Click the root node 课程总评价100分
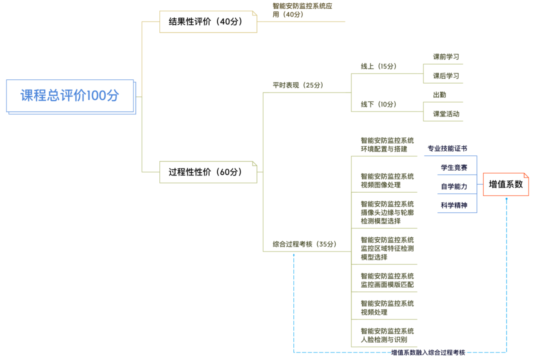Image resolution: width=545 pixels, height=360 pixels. [x=70, y=95]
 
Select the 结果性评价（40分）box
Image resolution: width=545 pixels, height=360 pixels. [x=208, y=22]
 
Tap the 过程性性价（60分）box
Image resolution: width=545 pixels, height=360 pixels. [x=208, y=172]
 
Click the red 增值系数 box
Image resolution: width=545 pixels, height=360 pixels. [x=505, y=184]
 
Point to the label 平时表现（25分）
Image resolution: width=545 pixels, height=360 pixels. [x=298, y=85]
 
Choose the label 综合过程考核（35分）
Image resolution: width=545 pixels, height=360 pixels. [x=304, y=244]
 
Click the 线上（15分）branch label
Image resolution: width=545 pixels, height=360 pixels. [x=378, y=66]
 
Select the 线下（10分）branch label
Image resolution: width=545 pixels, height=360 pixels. [x=378, y=104]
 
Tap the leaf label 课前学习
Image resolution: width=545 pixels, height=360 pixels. [x=446, y=57]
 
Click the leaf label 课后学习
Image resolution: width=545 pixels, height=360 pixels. [x=446, y=76]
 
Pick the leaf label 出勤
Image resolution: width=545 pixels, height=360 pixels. [x=439, y=94]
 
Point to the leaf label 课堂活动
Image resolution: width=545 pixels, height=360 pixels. [x=446, y=114]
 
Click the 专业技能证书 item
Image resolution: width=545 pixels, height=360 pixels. [x=447, y=148]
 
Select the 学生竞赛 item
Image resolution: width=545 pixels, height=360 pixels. [x=454, y=167]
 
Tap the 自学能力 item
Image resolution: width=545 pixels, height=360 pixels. [x=454, y=186]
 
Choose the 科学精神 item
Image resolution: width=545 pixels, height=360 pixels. [x=454, y=205]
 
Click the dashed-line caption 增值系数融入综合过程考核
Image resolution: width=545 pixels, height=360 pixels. [x=428, y=352]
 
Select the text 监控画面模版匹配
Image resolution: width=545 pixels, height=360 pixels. [x=387, y=285]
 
